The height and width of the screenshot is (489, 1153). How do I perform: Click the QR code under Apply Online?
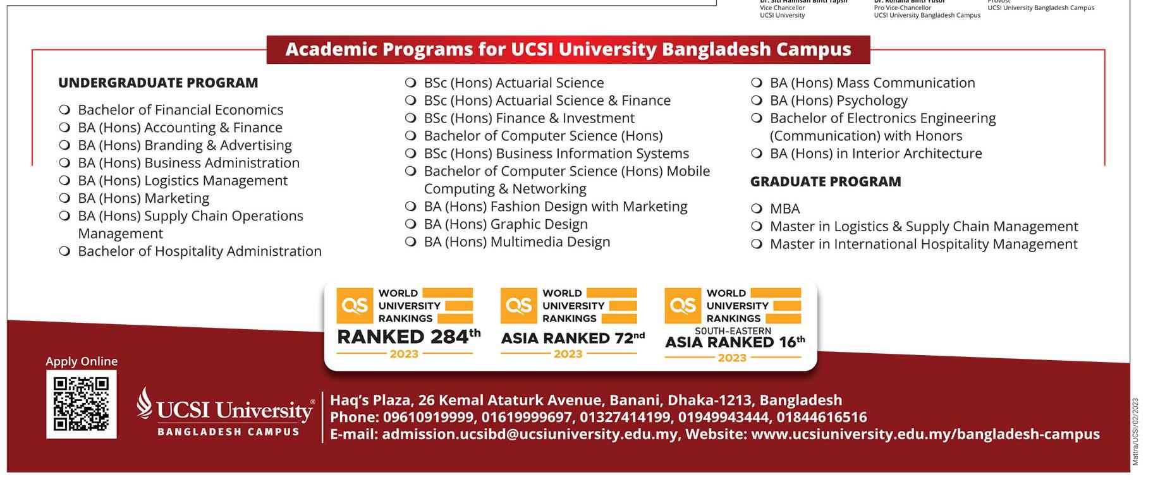tap(81, 404)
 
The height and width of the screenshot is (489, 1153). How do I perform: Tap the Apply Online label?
tap(82, 361)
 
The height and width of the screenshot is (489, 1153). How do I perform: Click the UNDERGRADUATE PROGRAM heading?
tap(158, 83)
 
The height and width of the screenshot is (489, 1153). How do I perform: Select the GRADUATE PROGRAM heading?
tap(826, 182)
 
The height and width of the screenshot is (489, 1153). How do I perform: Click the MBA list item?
tap(784, 208)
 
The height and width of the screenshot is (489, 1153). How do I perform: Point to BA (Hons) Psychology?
tap(838, 100)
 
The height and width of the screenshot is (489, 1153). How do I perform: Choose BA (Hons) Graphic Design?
tap(506, 224)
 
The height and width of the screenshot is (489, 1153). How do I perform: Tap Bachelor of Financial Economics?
tap(180, 110)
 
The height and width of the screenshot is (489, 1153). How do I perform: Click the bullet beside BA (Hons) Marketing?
tap(64, 198)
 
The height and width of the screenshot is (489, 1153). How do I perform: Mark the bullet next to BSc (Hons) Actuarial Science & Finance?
tap(411, 100)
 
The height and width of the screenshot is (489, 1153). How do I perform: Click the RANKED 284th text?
tap(408, 337)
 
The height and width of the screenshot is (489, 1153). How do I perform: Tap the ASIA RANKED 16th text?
tap(735, 342)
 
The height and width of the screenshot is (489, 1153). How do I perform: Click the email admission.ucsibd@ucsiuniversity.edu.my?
tap(530, 435)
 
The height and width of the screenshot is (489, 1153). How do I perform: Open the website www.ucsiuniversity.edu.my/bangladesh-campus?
tap(925, 435)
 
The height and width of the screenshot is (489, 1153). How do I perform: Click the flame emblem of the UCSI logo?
tap(145, 403)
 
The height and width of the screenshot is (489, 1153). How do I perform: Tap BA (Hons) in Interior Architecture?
tap(875, 154)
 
